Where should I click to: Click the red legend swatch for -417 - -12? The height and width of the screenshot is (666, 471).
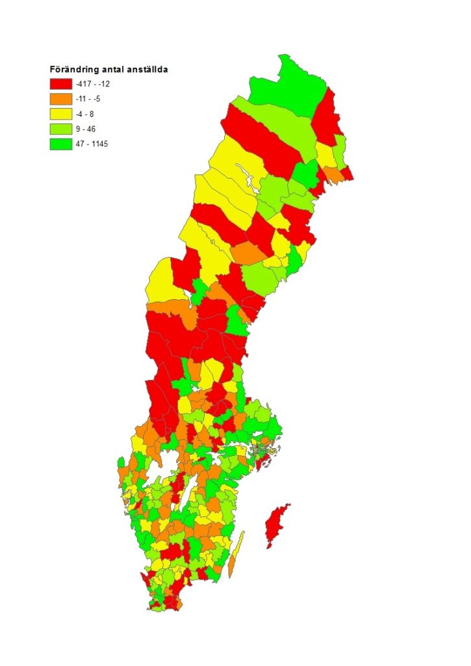pos(60,84)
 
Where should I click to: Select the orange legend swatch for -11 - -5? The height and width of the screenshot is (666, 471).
pos(60,99)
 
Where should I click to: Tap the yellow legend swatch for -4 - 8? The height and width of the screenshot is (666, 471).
pos(60,114)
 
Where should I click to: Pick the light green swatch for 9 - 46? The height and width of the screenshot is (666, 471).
pos(60,129)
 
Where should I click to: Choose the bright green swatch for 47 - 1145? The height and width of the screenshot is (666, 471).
pos(60,144)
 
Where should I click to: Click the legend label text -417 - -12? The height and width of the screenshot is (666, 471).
pos(92,84)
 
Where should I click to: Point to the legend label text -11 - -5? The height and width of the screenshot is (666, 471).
pos(88,99)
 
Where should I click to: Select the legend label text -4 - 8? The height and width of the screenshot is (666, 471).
pos(85,114)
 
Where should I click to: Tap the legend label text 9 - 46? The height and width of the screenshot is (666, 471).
pos(85,129)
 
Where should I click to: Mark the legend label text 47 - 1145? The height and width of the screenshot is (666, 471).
pos(91,144)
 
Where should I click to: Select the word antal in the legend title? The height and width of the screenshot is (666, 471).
pos(111,69)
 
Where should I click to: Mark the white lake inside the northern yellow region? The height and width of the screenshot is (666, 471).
pos(246,174)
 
